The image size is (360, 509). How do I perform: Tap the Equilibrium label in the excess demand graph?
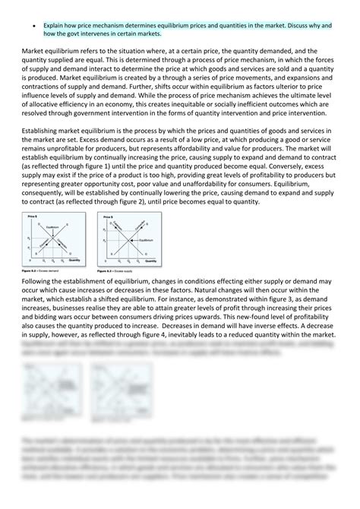pos(52,227)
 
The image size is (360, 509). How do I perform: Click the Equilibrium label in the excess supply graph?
pos(141,239)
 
